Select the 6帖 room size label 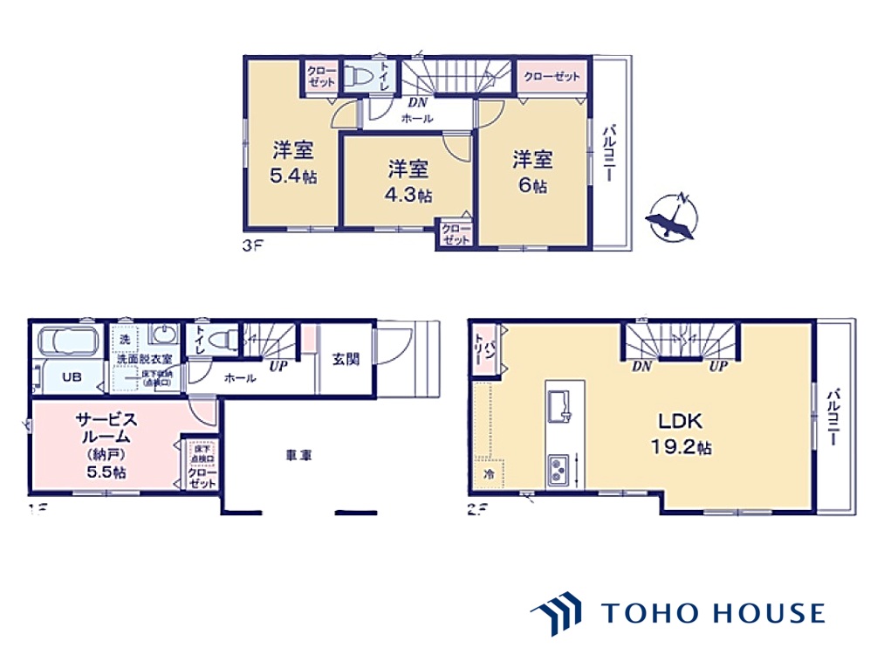click(532, 185)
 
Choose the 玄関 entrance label click(344, 358)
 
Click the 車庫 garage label click(299, 454)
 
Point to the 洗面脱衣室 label click(145, 360)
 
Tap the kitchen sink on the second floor click(558, 404)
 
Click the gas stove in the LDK click(558, 469)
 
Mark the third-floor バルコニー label click(611, 154)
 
